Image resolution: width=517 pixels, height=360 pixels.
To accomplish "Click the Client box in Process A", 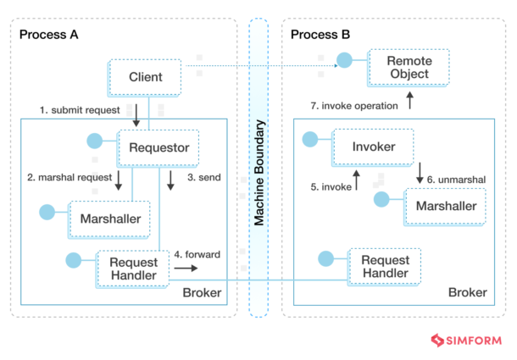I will pyautogui.click(x=145, y=77).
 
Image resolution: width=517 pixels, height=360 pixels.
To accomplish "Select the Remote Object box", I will pyautogui.click(x=408, y=68).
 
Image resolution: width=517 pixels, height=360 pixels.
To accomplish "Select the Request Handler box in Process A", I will pyautogui.click(x=133, y=268).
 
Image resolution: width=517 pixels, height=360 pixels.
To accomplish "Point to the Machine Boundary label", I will pyautogui.click(x=261, y=174).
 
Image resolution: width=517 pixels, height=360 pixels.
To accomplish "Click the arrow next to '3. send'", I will pyautogui.click(x=170, y=180).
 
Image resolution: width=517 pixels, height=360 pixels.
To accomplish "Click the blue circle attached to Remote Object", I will pyautogui.click(x=344, y=61).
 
